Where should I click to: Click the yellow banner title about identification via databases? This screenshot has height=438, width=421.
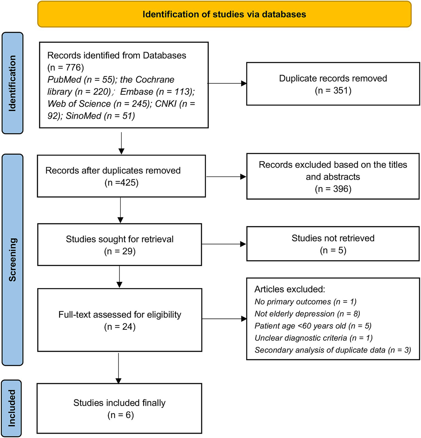[224, 14]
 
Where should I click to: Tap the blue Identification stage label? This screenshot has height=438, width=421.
[12, 83]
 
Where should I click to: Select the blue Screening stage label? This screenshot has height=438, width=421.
[12, 260]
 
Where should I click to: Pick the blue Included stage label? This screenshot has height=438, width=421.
[12, 408]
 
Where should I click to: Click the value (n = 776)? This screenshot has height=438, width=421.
[66, 67]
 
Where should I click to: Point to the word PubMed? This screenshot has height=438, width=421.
[64, 80]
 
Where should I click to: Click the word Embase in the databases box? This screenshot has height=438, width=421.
[137, 92]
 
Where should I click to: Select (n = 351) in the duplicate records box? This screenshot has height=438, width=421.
[333, 90]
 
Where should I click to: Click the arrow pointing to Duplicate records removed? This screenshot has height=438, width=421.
[227, 83]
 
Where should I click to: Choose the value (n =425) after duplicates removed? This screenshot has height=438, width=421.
[122, 183]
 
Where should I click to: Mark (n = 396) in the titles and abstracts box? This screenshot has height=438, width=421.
[333, 189]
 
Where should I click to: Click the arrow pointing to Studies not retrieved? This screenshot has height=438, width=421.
[224, 244]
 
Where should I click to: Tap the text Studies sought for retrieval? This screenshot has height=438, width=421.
[120, 239]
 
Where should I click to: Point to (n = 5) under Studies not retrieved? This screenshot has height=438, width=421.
[333, 250]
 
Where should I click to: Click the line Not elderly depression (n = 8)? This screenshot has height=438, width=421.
[307, 314]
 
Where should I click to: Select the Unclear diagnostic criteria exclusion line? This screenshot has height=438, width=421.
[313, 338]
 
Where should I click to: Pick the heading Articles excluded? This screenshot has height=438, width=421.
[290, 289]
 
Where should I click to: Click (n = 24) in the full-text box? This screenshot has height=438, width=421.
[120, 327]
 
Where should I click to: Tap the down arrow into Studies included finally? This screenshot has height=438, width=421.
[118, 368]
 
